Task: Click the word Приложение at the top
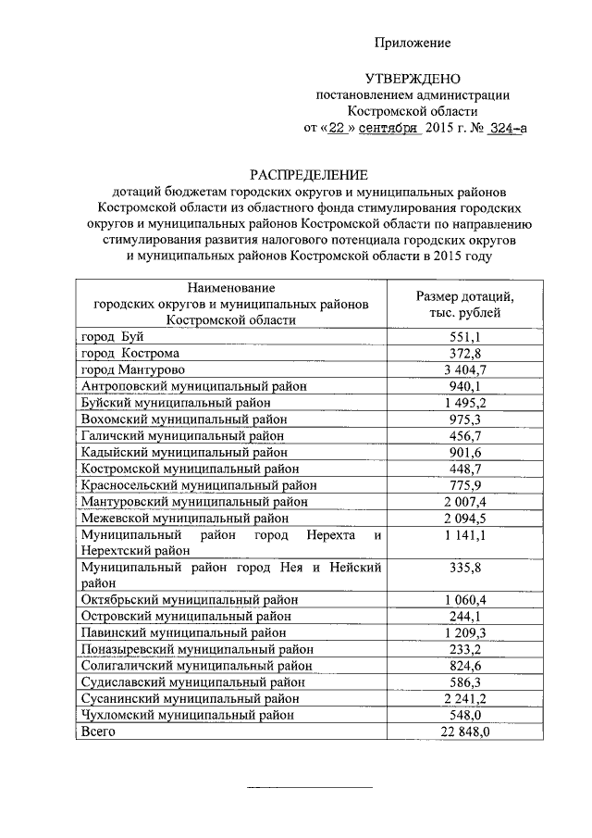coord(412,44)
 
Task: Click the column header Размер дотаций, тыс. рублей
coord(464,305)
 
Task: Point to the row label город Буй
coord(109,338)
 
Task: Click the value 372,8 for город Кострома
coord(464,354)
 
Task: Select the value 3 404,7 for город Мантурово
coord(464,369)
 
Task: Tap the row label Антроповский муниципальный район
coord(193,386)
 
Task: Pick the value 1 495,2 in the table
coord(464,403)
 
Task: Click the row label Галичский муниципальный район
coord(181,436)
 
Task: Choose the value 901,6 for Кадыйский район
coord(464,452)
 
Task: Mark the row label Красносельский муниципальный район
coord(198,485)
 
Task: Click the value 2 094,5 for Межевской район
coord(464,518)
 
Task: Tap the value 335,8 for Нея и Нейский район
coord(464,567)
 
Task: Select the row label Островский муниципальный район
coord(188,616)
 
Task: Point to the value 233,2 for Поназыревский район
coord(464,649)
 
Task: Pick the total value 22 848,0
coord(464,732)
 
